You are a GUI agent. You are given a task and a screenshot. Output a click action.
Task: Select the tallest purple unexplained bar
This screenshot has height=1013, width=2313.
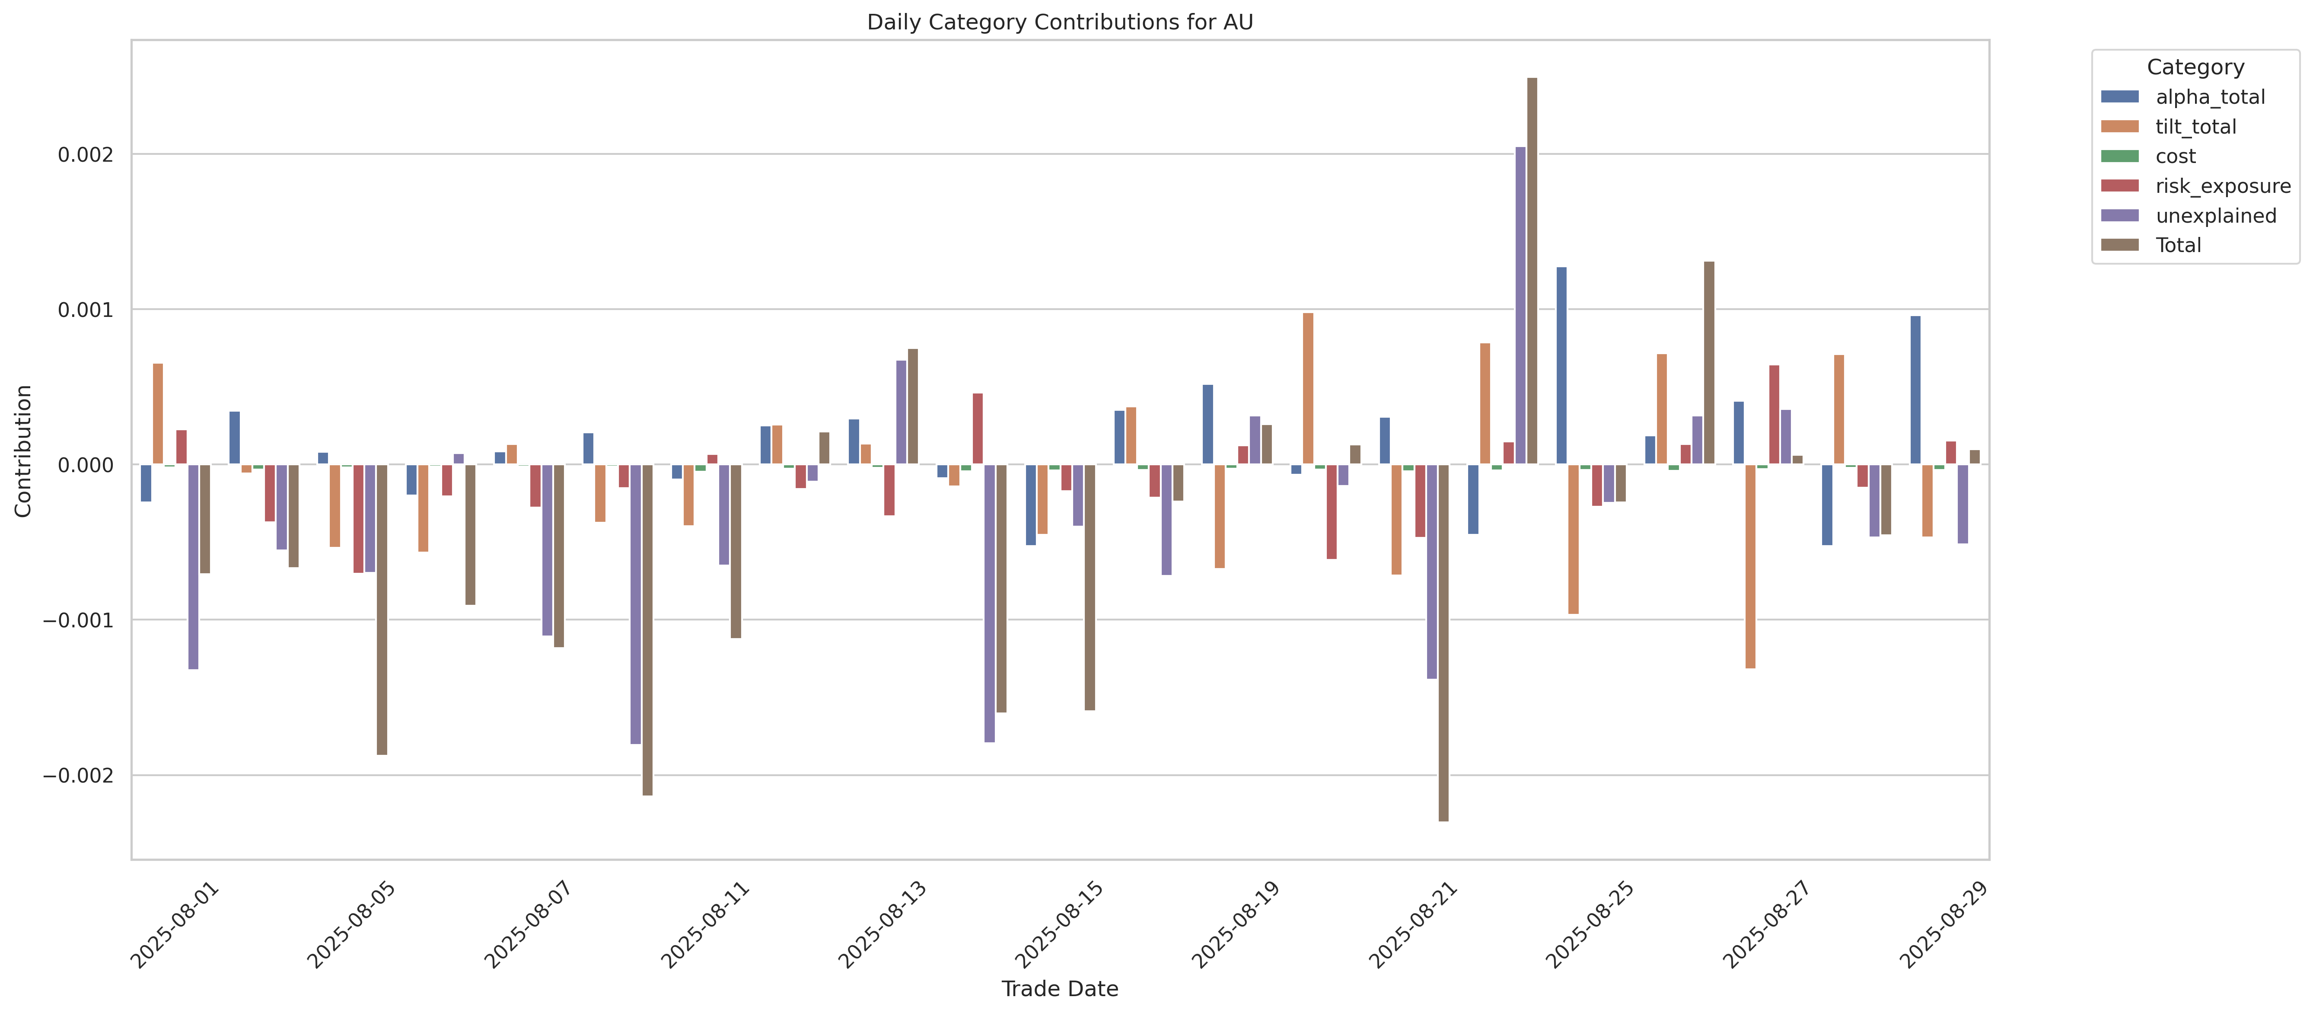pyautogui.click(x=1520, y=305)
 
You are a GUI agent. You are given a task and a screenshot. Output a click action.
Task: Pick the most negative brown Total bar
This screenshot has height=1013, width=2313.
pyautogui.click(x=1443, y=642)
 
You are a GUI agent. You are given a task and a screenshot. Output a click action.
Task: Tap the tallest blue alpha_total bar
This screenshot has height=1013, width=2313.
pyautogui.click(x=1561, y=365)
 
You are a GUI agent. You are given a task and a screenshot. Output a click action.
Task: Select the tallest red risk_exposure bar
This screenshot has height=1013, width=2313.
pyautogui.click(x=1774, y=415)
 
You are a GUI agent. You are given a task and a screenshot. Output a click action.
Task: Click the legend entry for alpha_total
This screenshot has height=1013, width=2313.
pyautogui.click(x=2210, y=97)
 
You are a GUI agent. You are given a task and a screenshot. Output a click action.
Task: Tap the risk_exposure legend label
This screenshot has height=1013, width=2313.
pyautogui.click(x=2222, y=186)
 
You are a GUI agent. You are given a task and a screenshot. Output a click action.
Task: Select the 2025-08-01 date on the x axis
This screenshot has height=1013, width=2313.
pyautogui.click(x=175, y=925)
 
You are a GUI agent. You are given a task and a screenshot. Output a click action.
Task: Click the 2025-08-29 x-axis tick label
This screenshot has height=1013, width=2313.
pyautogui.click(x=1944, y=925)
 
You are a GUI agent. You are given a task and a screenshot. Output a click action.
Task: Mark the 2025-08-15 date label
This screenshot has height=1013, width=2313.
pyautogui.click(x=1060, y=925)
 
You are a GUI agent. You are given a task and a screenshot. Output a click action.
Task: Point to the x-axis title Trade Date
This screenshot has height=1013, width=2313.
pyautogui.click(x=1060, y=989)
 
